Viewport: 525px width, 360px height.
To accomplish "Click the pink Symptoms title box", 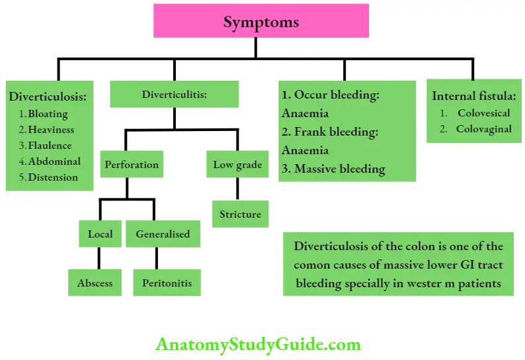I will coord(261,21).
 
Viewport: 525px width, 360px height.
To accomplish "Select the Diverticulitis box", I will coord(175,95).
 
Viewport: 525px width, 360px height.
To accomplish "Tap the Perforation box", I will coord(131,164).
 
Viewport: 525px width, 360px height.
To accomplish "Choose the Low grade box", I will coord(237,164).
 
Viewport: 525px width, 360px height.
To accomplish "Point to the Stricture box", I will coord(240,214).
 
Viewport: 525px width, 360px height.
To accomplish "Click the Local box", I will coord(100,234).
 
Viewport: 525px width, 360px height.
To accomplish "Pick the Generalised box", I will coord(163,234).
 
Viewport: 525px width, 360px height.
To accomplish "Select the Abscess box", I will coord(95,283).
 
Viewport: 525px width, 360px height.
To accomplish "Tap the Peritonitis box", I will coord(167,283).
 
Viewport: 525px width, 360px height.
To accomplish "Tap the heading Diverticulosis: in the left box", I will coord(48,97).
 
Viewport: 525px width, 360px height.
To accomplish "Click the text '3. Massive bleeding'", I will coord(333,169).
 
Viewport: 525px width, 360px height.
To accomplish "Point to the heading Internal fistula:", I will coord(473,96).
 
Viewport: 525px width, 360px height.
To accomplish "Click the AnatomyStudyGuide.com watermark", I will coord(259,344).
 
